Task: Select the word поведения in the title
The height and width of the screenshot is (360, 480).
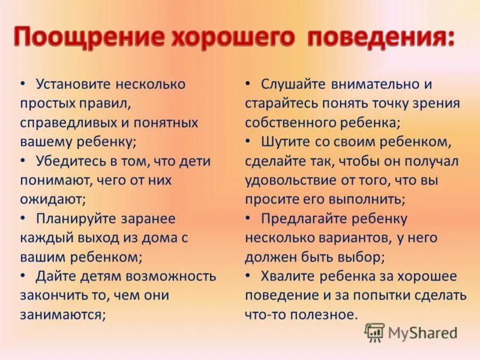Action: (381, 37)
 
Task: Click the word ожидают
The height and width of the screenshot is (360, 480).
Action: (52, 199)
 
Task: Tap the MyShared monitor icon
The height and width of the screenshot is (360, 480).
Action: (374, 332)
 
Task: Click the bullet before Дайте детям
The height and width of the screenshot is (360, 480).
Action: (23, 276)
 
